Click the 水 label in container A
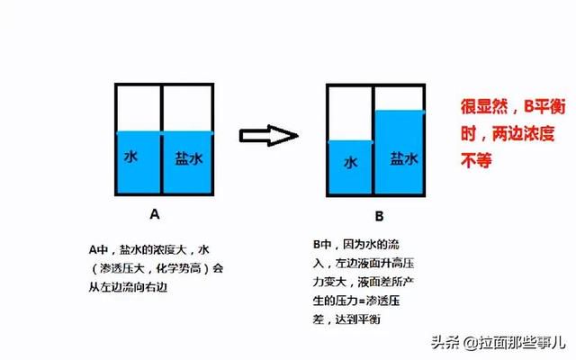pyautogui.click(x=130, y=157)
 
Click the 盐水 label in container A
pyautogui.click(x=189, y=158)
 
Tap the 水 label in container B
pyautogui.click(x=350, y=162)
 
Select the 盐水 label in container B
pyautogui.click(x=404, y=158)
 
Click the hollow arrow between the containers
pyautogui.click(x=268, y=136)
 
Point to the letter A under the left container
pyautogui.click(x=155, y=214)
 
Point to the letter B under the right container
pyautogui.click(x=379, y=216)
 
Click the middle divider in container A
pyautogui.click(x=161, y=139)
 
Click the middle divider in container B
pyautogui.click(x=373, y=140)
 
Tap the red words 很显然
pyautogui.click(x=484, y=106)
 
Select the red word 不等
pyautogui.click(x=476, y=160)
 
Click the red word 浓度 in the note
pyautogui.click(x=539, y=133)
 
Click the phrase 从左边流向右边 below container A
pyautogui.click(x=128, y=287)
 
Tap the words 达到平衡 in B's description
pyautogui.click(x=358, y=319)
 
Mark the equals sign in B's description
pyautogui.click(x=362, y=301)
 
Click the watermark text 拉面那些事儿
pyautogui.click(x=522, y=343)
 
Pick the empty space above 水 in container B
pyautogui.click(x=350, y=114)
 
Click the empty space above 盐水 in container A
pyautogui.click(x=188, y=109)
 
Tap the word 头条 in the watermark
pyautogui.click(x=445, y=343)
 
